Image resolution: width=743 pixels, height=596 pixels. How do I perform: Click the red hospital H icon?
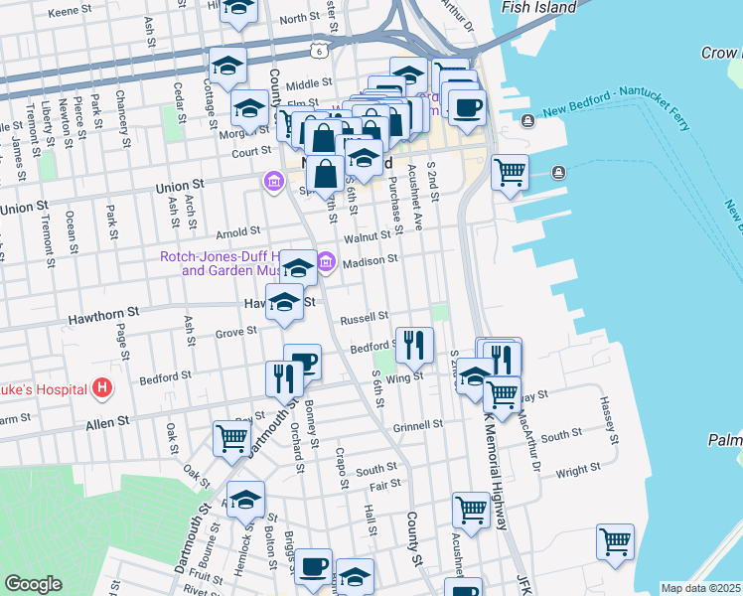100,387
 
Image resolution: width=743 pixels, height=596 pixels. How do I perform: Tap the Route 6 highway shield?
317,48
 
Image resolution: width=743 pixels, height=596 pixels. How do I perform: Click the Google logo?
33,584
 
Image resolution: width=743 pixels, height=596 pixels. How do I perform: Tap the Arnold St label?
238,230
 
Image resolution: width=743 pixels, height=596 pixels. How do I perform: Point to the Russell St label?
363,319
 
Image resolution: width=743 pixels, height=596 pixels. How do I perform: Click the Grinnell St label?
417,425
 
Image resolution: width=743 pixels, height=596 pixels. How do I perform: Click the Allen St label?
109,422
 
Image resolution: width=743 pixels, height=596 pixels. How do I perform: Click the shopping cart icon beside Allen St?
231,436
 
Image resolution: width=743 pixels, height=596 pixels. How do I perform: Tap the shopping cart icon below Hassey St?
615,541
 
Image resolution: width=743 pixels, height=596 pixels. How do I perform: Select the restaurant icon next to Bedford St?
415,344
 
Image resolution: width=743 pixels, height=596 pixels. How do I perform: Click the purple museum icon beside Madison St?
326,262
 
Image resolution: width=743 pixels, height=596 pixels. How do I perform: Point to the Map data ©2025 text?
701,588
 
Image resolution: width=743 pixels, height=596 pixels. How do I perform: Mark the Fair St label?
384,485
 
